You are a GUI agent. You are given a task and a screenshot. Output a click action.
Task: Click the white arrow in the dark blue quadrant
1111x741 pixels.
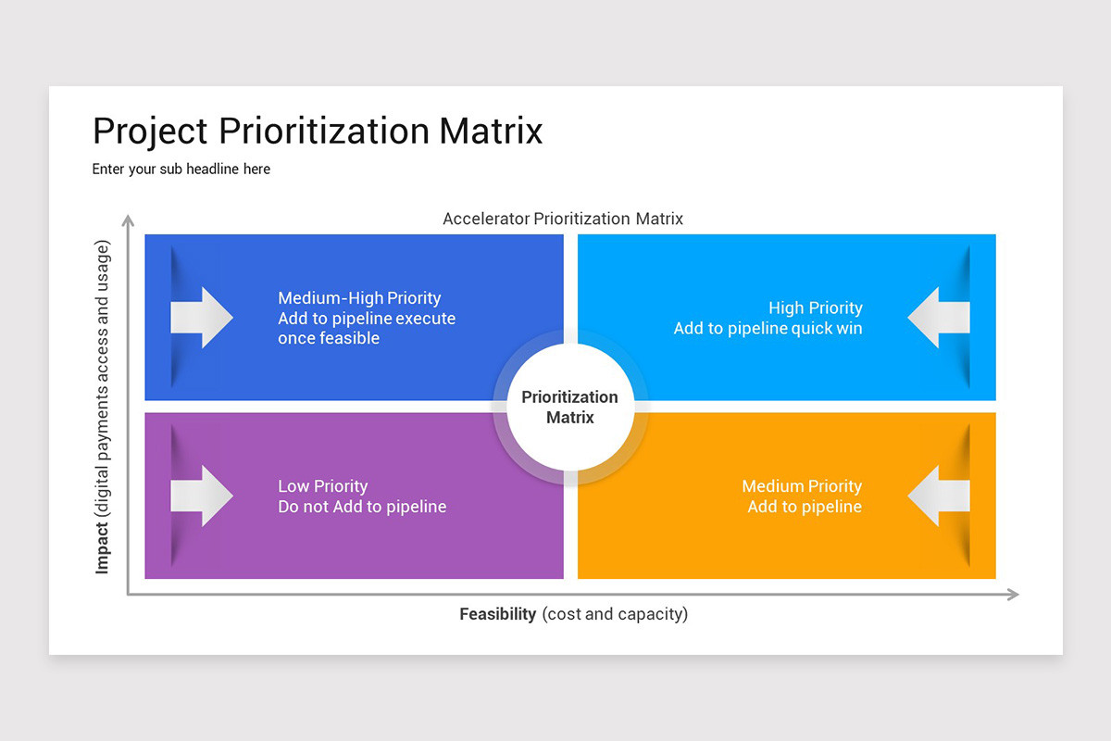[202, 318]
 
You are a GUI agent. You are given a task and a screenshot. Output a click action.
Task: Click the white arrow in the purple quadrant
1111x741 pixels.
[202, 496]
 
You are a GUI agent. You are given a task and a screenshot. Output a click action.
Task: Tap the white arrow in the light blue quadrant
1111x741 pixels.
[938, 318]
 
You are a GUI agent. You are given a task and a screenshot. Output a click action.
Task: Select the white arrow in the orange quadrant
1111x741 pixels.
[938, 496]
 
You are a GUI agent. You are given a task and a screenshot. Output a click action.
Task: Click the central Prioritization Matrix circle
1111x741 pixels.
[569, 408]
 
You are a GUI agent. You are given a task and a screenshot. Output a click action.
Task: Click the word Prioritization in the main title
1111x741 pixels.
[324, 132]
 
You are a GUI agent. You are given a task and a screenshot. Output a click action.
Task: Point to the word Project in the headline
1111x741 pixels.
[150, 132]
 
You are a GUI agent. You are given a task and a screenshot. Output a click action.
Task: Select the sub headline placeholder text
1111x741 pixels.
[181, 170]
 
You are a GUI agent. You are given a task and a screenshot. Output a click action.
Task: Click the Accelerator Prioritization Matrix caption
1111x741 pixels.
[563, 220]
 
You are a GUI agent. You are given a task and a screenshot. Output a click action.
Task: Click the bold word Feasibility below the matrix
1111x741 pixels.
[498, 614]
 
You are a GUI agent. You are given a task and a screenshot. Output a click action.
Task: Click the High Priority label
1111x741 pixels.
[815, 308]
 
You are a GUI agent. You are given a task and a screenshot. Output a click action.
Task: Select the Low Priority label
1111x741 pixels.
[323, 486]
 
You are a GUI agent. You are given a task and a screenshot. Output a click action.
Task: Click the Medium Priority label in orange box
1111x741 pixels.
[802, 486]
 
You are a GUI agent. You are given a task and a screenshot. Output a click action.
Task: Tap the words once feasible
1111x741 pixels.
[329, 339]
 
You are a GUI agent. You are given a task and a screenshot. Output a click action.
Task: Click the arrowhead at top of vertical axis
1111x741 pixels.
[129, 220]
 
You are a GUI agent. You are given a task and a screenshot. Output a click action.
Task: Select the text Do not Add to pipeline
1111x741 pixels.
[362, 507]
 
